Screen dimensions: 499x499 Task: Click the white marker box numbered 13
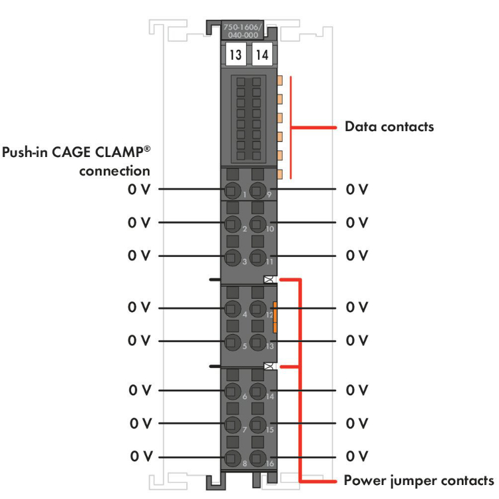(236, 55)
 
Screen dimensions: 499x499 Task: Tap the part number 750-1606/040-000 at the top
(241, 31)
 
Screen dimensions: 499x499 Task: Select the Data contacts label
(389, 126)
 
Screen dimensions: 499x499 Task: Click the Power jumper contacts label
(418, 480)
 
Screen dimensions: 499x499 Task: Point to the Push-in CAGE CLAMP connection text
(77, 161)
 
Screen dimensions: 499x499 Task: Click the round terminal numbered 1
(232, 190)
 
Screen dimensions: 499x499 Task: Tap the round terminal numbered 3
(232, 257)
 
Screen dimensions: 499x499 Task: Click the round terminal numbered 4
(232, 309)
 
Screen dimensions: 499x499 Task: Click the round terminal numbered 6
(232, 391)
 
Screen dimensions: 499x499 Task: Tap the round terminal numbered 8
(232, 458)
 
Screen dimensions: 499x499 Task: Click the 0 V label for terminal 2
(140, 222)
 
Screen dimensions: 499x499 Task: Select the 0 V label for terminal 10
(357, 222)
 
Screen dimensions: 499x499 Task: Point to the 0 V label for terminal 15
(357, 423)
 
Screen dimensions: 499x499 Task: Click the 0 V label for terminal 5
(140, 341)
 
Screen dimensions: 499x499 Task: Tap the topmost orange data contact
(279, 80)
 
